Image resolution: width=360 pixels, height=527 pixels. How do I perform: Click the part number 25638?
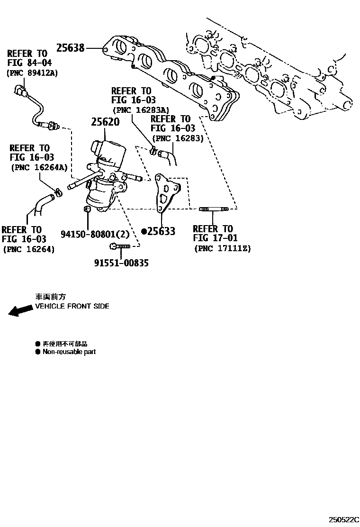tap(71, 48)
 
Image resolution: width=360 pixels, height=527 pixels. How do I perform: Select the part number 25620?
tap(105, 122)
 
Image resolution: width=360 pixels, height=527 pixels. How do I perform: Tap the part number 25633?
tap(162, 231)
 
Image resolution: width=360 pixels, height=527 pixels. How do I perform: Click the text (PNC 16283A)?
tap(140, 110)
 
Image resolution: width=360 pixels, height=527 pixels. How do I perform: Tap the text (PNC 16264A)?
tap(39, 167)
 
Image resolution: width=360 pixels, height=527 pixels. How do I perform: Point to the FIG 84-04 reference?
tap(30, 63)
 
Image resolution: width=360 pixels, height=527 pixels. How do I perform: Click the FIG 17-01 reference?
tap(215, 238)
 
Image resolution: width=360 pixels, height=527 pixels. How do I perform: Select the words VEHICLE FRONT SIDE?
tap(72, 306)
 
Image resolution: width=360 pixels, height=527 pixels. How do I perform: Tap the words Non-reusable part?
tap(69, 352)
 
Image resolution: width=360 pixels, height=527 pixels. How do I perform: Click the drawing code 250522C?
tap(345, 519)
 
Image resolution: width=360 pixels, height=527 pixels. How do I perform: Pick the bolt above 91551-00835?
tap(119, 246)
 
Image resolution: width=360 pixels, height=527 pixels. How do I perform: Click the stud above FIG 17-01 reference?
tap(214, 209)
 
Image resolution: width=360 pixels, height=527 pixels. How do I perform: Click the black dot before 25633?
tap(144, 231)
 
